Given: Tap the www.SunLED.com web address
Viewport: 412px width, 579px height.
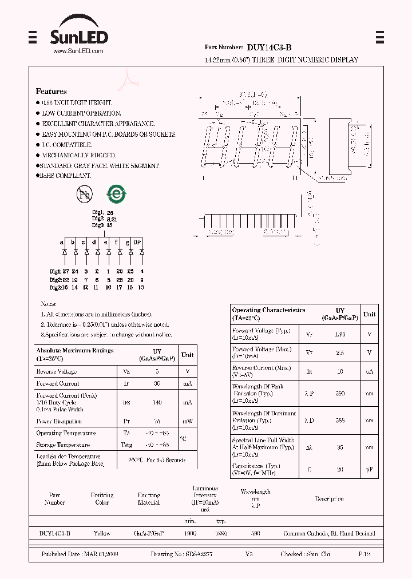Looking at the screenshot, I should click(78, 51).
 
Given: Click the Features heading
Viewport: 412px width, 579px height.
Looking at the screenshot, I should click(51, 91).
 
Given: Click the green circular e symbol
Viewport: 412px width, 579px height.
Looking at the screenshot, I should click(117, 194).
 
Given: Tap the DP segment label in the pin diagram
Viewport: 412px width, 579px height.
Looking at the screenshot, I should click(137, 242).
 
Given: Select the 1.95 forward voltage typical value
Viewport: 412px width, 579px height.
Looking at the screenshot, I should click(340, 334).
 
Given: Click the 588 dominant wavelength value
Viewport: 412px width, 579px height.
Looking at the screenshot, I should click(340, 421).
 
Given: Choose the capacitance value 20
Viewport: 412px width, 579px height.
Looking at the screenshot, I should click(340, 469).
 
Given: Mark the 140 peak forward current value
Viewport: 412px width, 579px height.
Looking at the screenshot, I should click(157, 402).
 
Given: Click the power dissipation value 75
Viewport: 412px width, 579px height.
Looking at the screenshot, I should click(157, 421).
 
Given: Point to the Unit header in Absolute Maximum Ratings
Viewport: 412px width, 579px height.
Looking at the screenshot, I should click(187, 354).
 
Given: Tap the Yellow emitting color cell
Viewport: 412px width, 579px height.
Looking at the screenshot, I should click(102, 533).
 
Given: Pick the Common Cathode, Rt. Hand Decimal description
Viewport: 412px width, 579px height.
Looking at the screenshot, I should click(329, 533).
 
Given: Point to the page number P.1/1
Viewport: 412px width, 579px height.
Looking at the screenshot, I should click(365, 554).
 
